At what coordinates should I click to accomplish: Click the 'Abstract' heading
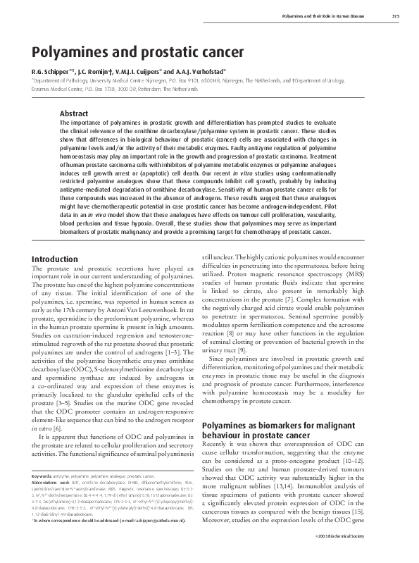74,113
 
